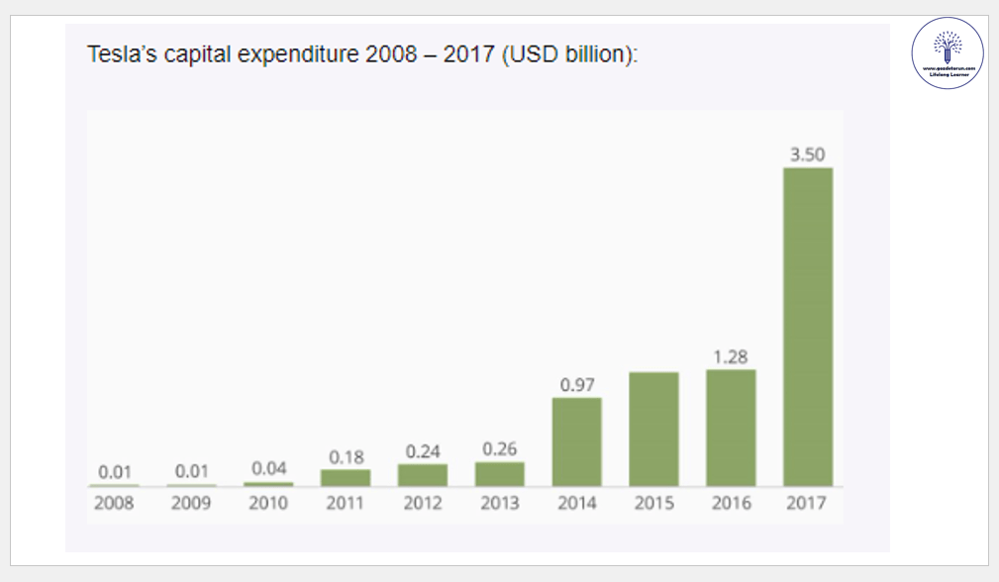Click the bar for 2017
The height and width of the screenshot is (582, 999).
[807, 327]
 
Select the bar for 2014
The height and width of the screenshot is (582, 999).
[576, 441]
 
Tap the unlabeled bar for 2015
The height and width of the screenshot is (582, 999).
[653, 430]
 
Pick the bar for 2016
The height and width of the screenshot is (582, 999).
[731, 428]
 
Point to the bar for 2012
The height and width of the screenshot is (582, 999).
[422, 475]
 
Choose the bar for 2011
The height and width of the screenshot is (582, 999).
[345, 477]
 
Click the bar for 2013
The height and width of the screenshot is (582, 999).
[499, 474]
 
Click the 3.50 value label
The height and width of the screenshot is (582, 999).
[807, 154]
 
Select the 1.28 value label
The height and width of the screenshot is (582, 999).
[731, 356]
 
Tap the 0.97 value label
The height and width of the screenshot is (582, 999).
[576, 384]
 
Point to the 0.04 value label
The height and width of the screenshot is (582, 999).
[267, 469]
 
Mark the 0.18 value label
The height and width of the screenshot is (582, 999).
[345, 456]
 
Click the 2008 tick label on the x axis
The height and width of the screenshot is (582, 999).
[114, 503]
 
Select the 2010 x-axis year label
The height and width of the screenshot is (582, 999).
[267, 503]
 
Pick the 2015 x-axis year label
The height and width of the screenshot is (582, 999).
[653, 503]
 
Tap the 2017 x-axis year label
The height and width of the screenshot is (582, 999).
[807, 503]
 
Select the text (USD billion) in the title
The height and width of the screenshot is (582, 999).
[568, 53]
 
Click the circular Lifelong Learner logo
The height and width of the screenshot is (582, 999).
[947, 52]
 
